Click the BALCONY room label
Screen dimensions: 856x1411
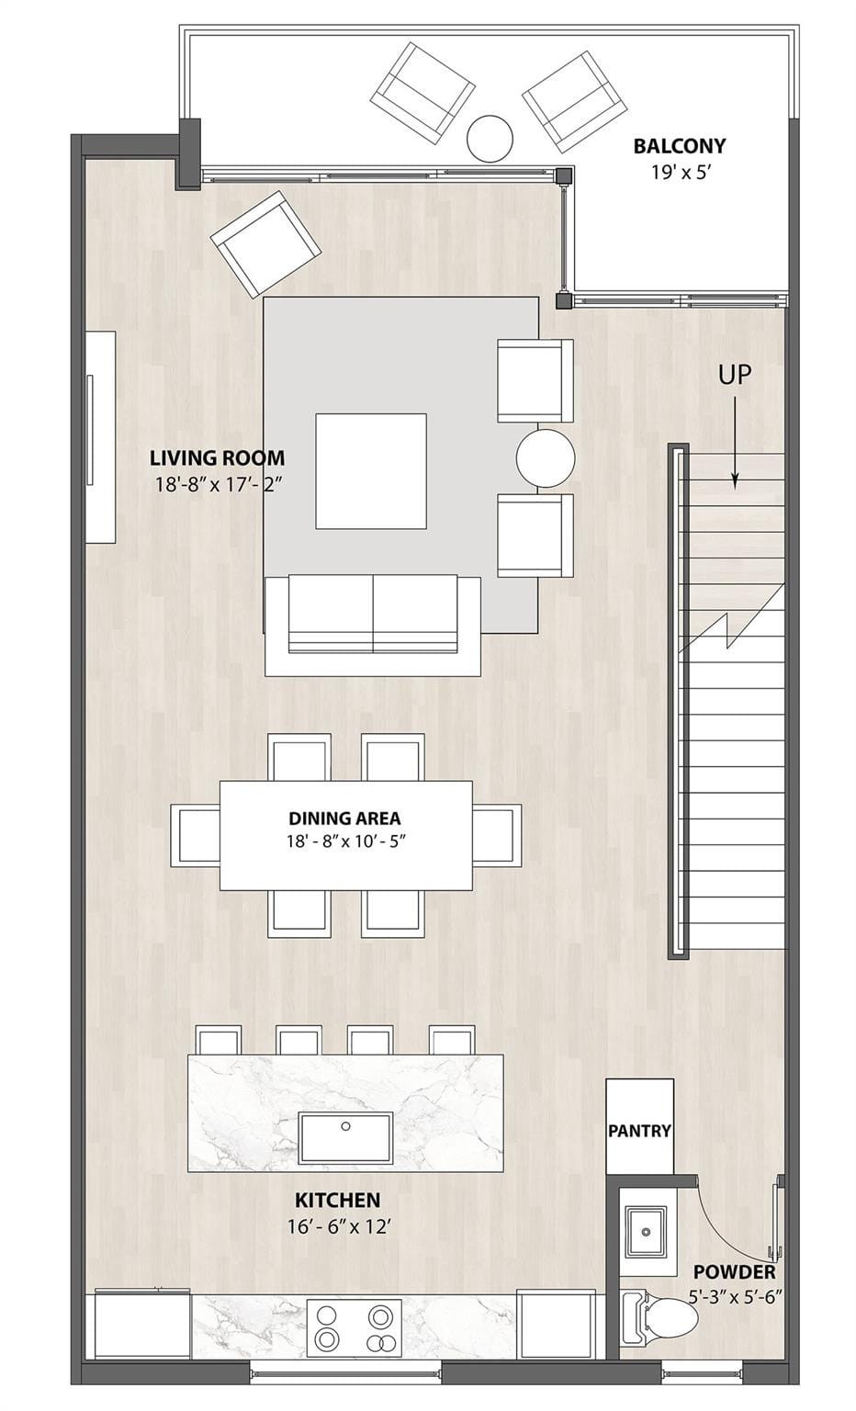pos(679,146)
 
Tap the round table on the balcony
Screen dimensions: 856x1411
pos(490,139)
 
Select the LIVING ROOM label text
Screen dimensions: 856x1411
pos(217,458)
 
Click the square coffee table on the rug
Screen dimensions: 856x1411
pos(370,470)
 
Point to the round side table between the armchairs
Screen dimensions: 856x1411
pos(545,458)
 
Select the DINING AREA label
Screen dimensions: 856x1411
pos(344,818)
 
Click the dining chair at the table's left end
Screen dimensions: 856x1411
pos(195,835)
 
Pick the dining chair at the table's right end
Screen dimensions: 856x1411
pos(497,835)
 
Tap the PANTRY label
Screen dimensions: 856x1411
pos(638,1130)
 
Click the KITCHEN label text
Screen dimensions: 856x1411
pos(338,1200)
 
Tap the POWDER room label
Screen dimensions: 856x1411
pos(735,1271)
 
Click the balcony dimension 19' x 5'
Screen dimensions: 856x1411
pos(681,172)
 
